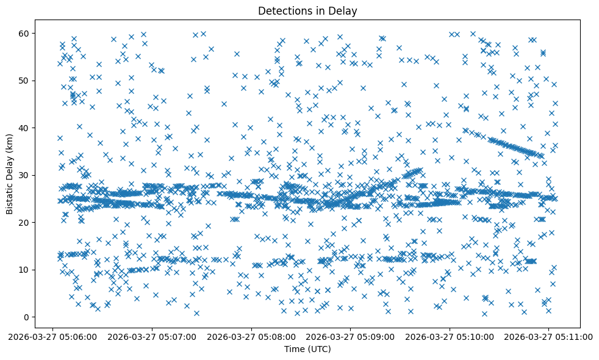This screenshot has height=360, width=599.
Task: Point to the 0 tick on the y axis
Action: point(27,317)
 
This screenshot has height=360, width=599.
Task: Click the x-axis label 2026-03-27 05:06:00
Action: point(53,336)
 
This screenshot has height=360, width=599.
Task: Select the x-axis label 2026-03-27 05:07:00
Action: point(152,336)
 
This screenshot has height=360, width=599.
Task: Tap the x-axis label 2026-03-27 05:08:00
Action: point(252,336)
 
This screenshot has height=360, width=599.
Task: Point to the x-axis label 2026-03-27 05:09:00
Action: point(351,336)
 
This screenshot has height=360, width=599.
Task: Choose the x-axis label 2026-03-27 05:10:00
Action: point(451,336)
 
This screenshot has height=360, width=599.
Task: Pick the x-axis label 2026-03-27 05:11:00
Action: point(550,336)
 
